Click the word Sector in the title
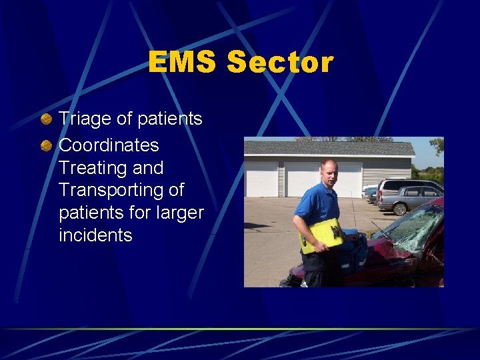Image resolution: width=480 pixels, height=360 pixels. [279, 63]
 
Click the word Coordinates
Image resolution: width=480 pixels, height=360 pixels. [109, 145]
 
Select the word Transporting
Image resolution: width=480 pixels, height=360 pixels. [111, 191]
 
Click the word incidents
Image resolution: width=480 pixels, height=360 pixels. [95, 235]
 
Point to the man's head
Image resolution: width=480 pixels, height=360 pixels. [329, 173]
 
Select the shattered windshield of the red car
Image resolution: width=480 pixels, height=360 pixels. [414, 227]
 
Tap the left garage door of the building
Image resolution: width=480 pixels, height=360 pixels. [261, 179]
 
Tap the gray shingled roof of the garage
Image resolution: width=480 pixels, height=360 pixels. [327, 148]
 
